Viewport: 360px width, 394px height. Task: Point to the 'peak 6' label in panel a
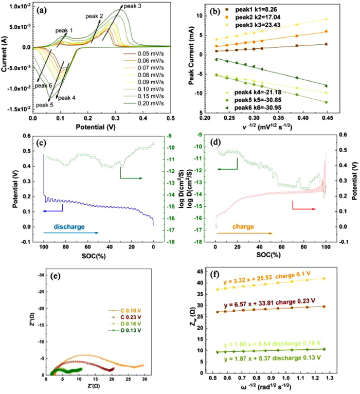[43, 85]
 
